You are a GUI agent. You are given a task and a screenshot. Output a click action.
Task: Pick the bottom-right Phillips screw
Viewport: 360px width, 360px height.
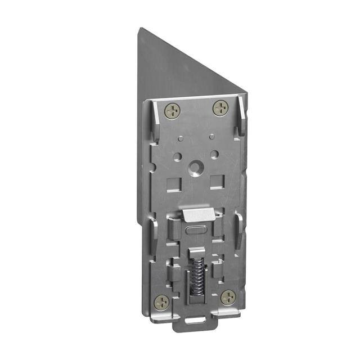228,297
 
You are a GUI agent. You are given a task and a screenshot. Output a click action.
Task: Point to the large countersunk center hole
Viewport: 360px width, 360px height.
195,168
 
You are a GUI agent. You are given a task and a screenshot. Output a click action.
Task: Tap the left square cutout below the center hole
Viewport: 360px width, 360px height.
173,183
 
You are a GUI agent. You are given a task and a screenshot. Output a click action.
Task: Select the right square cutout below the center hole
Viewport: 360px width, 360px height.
217,181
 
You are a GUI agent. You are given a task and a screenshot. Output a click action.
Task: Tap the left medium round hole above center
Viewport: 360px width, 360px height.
177,156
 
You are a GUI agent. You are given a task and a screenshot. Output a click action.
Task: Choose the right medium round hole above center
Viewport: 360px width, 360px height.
214,153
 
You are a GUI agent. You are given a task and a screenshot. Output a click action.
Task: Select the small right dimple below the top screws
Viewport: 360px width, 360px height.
211,136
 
